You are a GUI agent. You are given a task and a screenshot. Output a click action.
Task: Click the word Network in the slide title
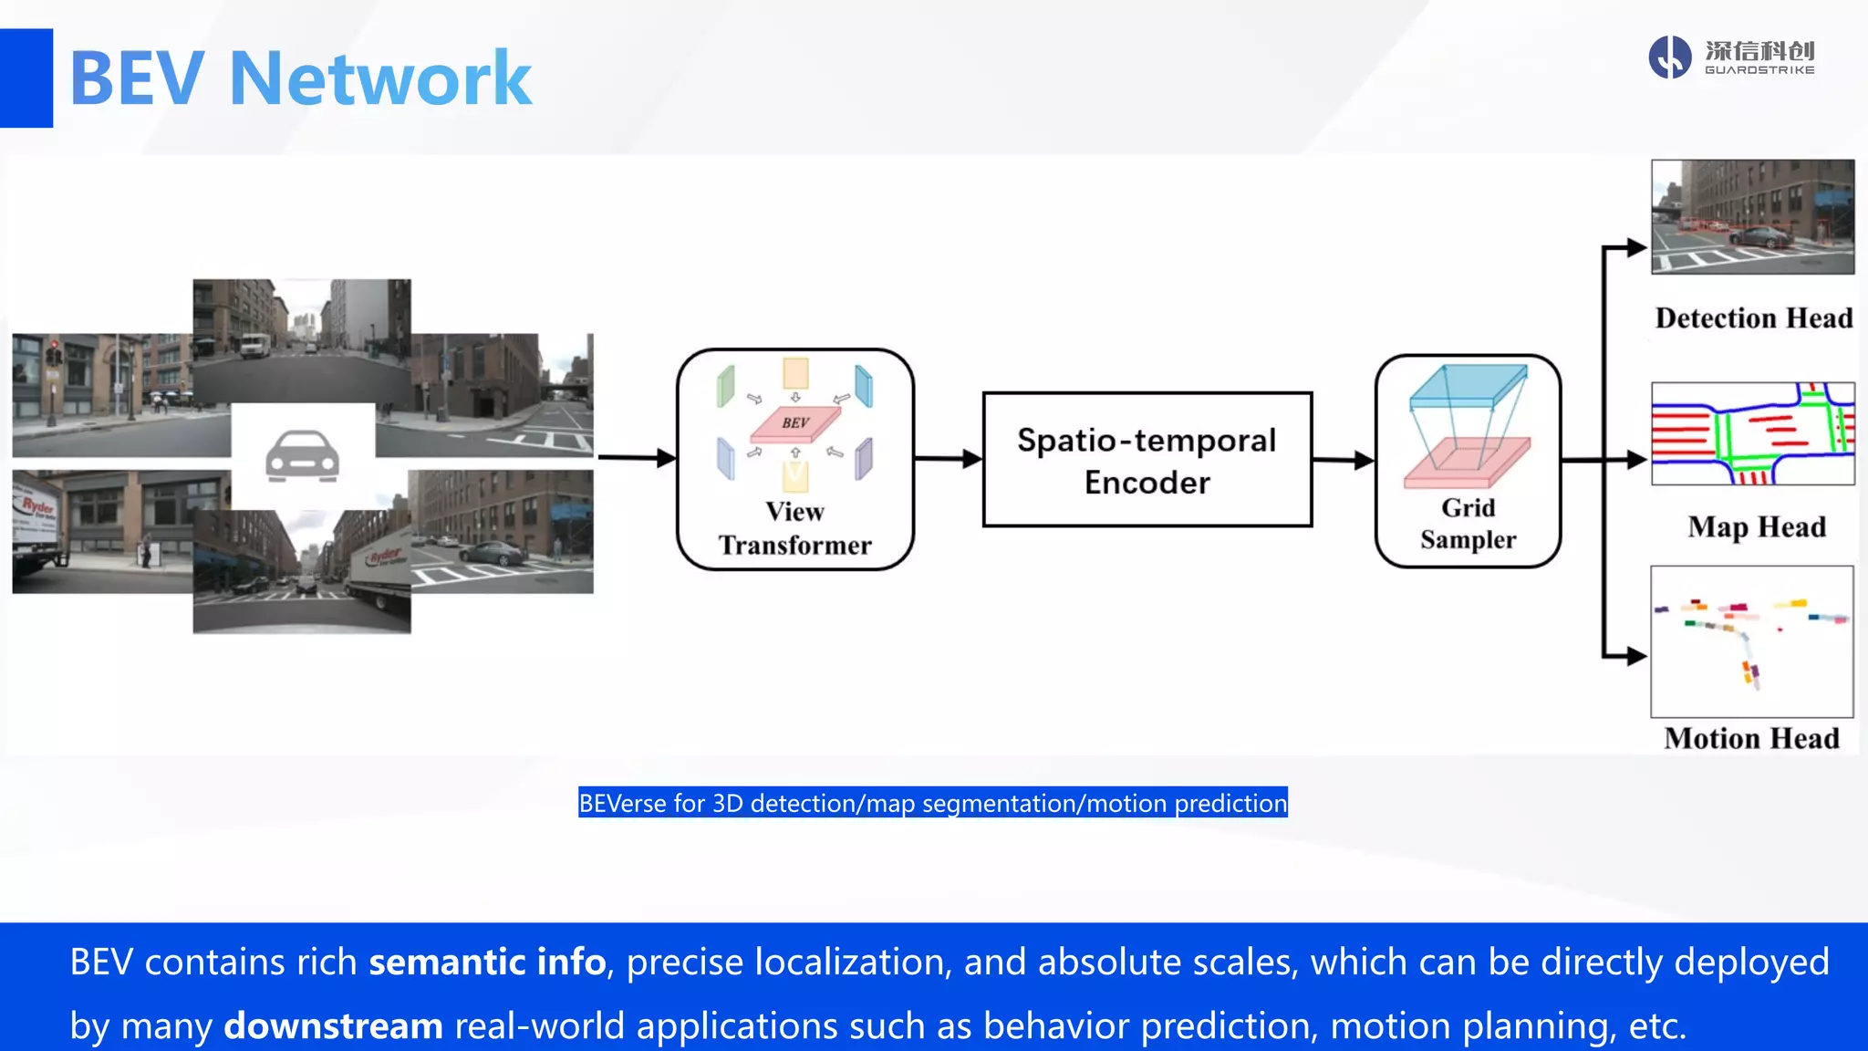click(x=380, y=79)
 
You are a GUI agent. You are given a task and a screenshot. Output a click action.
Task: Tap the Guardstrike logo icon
click(x=1669, y=57)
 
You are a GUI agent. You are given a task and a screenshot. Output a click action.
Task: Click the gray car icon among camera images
click(x=302, y=455)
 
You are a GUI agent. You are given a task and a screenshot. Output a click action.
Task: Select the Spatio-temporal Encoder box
click(x=1147, y=460)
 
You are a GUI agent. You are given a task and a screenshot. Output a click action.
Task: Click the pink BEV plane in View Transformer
click(x=794, y=423)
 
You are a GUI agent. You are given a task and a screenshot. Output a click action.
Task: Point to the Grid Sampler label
click(x=1468, y=524)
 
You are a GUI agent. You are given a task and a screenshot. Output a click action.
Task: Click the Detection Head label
click(x=1753, y=318)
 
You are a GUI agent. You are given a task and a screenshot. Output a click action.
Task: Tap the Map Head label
click(x=1756, y=527)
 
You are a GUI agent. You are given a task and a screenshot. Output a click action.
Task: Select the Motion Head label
click(x=1751, y=738)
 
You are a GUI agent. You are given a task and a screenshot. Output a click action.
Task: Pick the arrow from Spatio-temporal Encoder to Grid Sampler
click(x=1343, y=461)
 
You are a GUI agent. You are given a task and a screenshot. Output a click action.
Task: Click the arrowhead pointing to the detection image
click(x=1636, y=247)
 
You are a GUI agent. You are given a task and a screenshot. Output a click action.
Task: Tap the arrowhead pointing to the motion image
click(x=1636, y=655)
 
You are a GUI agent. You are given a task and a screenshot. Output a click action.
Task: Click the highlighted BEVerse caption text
click(x=932, y=803)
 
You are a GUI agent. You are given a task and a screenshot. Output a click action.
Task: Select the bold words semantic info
click(x=487, y=963)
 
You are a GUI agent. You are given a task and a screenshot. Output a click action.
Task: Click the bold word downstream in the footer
click(x=333, y=1026)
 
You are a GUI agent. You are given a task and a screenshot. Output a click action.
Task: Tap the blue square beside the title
click(x=26, y=78)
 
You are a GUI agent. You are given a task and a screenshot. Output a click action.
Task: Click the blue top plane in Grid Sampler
click(x=1468, y=384)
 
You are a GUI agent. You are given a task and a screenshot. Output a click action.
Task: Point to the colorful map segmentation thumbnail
click(x=1752, y=433)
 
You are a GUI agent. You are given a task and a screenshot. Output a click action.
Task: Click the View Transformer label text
click(x=794, y=528)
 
